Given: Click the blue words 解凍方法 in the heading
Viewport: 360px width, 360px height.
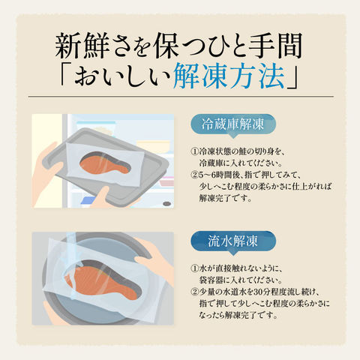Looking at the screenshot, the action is pyautogui.click(x=229, y=75).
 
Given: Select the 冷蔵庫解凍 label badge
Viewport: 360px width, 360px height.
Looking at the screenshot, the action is pyautogui.click(x=233, y=124).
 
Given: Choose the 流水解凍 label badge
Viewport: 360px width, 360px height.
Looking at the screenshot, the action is pyautogui.click(x=233, y=241).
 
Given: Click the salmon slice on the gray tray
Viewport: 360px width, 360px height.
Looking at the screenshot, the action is pyautogui.click(x=105, y=163).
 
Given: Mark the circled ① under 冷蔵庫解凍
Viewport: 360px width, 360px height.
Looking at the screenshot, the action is pyautogui.click(x=194, y=151).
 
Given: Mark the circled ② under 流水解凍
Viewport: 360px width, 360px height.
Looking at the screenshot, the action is pyautogui.click(x=194, y=292).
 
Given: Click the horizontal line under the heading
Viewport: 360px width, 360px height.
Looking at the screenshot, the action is pyautogui.click(x=181, y=96).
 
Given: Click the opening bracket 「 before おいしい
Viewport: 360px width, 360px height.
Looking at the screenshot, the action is pyautogui.click(x=66, y=73).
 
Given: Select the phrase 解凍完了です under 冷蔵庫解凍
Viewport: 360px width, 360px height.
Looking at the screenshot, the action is pyautogui.click(x=225, y=198).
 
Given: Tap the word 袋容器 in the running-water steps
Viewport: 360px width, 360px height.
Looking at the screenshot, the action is pyautogui.click(x=211, y=280).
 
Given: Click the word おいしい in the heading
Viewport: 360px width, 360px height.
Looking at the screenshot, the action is pyautogui.click(x=123, y=75).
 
